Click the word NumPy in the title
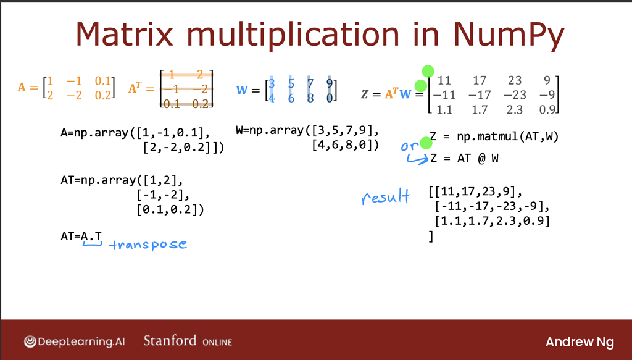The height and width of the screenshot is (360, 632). (x=508, y=35)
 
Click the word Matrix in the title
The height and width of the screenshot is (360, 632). (x=125, y=34)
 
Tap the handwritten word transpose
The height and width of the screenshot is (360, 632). (x=148, y=245)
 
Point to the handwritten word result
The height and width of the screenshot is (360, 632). (x=386, y=197)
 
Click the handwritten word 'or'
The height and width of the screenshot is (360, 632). (x=410, y=146)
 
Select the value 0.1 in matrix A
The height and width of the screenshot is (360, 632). (x=103, y=81)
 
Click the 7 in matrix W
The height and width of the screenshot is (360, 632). (x=310, y=84)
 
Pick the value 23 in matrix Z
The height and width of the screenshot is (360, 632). (x=515, y=80)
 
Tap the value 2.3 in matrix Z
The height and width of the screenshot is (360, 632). (x=515, y=110)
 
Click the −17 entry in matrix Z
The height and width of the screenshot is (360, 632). (x=480, y=95)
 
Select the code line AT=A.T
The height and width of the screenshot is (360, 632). (x=81, y=237)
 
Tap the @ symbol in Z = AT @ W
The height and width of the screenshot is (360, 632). (x=481, y=158)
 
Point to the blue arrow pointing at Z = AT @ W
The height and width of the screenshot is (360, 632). (x=418, y=160)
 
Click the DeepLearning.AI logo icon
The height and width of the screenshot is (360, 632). (x=30, y=341)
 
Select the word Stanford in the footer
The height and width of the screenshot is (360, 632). (x=170, y=341)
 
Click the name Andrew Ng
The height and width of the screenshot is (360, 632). (x=580, y=342)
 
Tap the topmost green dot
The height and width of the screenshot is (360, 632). (x=428, y=72)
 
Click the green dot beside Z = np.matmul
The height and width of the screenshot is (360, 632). (x=426, y=143)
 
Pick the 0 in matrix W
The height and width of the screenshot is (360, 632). (x=330, y=98)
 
